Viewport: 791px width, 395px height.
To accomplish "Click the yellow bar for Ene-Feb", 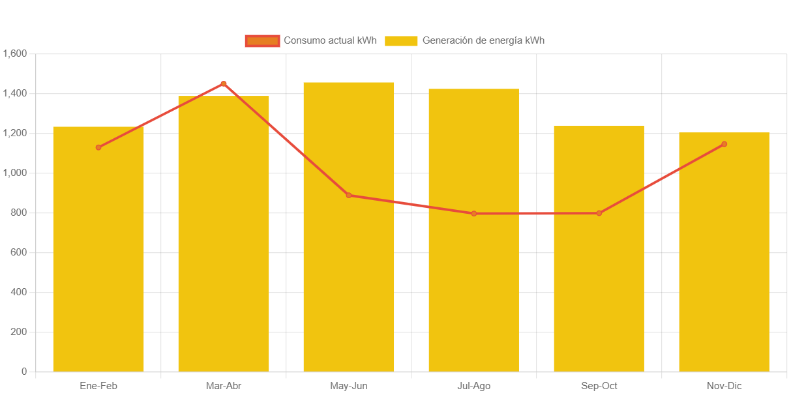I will pos(98,261).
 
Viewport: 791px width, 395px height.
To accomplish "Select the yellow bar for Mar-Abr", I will pos(224,248).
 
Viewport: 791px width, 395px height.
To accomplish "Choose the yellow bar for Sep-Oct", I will pos(599,261).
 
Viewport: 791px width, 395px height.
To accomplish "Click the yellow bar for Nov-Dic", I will pos(724,261).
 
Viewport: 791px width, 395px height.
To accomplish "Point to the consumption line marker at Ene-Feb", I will pos(98,147).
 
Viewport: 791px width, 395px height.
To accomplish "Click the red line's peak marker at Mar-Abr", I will pos(224,83).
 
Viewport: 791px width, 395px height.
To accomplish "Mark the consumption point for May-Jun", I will pos(349,195).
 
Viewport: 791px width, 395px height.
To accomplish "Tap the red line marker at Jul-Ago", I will pos(474,213).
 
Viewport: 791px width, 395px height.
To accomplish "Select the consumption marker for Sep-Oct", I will pos(599,213).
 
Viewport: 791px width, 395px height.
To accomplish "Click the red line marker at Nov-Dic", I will pos(724,144).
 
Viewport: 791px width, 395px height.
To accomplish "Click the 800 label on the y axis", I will pos(19,212).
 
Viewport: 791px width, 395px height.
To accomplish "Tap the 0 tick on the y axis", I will pos(24,372).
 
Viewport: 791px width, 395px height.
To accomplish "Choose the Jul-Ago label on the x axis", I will pos(474,386).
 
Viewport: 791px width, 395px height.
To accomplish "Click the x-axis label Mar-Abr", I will pos(224,386).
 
